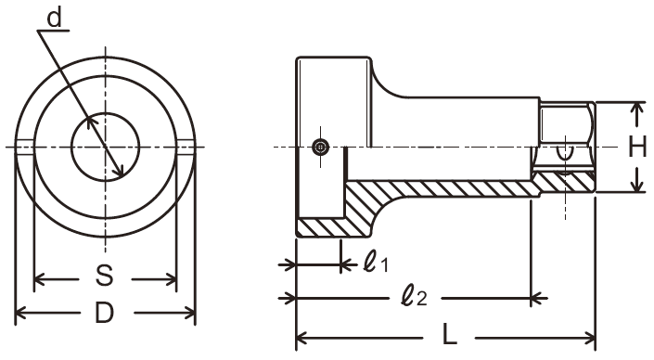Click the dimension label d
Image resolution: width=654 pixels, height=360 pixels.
54,19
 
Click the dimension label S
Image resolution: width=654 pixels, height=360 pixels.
105,276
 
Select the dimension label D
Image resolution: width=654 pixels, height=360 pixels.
104,313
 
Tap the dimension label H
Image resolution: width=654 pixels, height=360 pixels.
637,147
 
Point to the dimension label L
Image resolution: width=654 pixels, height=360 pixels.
450,335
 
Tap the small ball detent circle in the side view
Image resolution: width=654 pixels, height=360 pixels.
320,147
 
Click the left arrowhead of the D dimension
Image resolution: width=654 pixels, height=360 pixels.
20,313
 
